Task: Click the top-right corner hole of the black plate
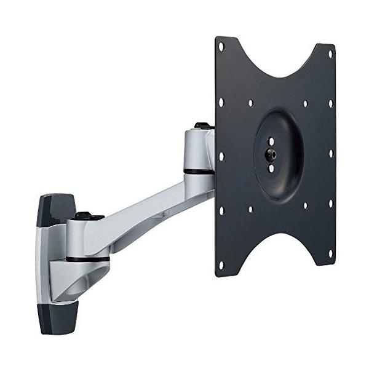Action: (x=330, y=54)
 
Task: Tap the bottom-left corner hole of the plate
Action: (x=221, y=265)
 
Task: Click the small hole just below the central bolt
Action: (x=271, y=168)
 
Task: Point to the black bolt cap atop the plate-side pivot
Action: (x=201, y=126)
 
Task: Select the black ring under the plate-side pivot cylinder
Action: (x=198, y=172)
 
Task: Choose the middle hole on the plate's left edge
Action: (x=222, y=157)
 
